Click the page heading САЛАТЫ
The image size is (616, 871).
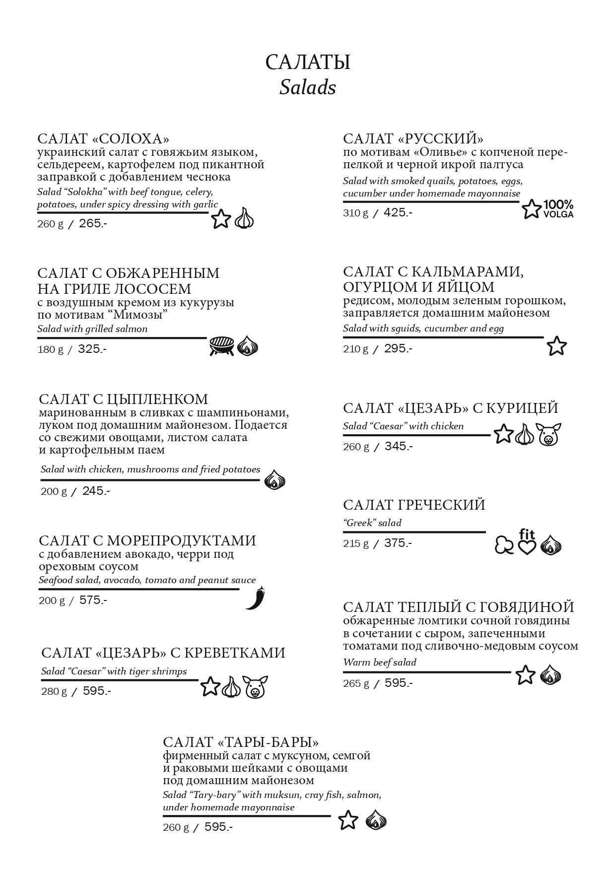point(307,63)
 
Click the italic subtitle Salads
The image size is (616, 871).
point(307,88)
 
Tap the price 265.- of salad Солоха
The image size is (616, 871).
point(93,223)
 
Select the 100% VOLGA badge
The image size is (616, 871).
point(558,209)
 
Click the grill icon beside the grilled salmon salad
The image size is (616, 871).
point(221,346)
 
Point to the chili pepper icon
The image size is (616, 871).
point(256,598)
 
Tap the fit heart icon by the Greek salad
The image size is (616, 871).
point(527,542)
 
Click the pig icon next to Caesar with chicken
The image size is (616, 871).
point(548,434)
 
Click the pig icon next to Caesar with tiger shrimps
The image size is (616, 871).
point(255,687)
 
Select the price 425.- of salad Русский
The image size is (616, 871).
point(398,212)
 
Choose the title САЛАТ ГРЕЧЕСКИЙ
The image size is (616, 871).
point(414,505)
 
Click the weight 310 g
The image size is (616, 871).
point(355,213)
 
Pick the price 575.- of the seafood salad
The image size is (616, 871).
point(93,600)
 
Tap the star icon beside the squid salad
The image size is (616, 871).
point(556,346)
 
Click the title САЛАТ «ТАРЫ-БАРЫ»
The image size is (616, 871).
point(241,742)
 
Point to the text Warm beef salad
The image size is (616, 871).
point(380,662)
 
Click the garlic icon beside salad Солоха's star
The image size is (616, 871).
point(244,218)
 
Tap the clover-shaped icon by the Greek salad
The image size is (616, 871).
point(504,545)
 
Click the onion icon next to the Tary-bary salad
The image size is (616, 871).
point(376,820)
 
